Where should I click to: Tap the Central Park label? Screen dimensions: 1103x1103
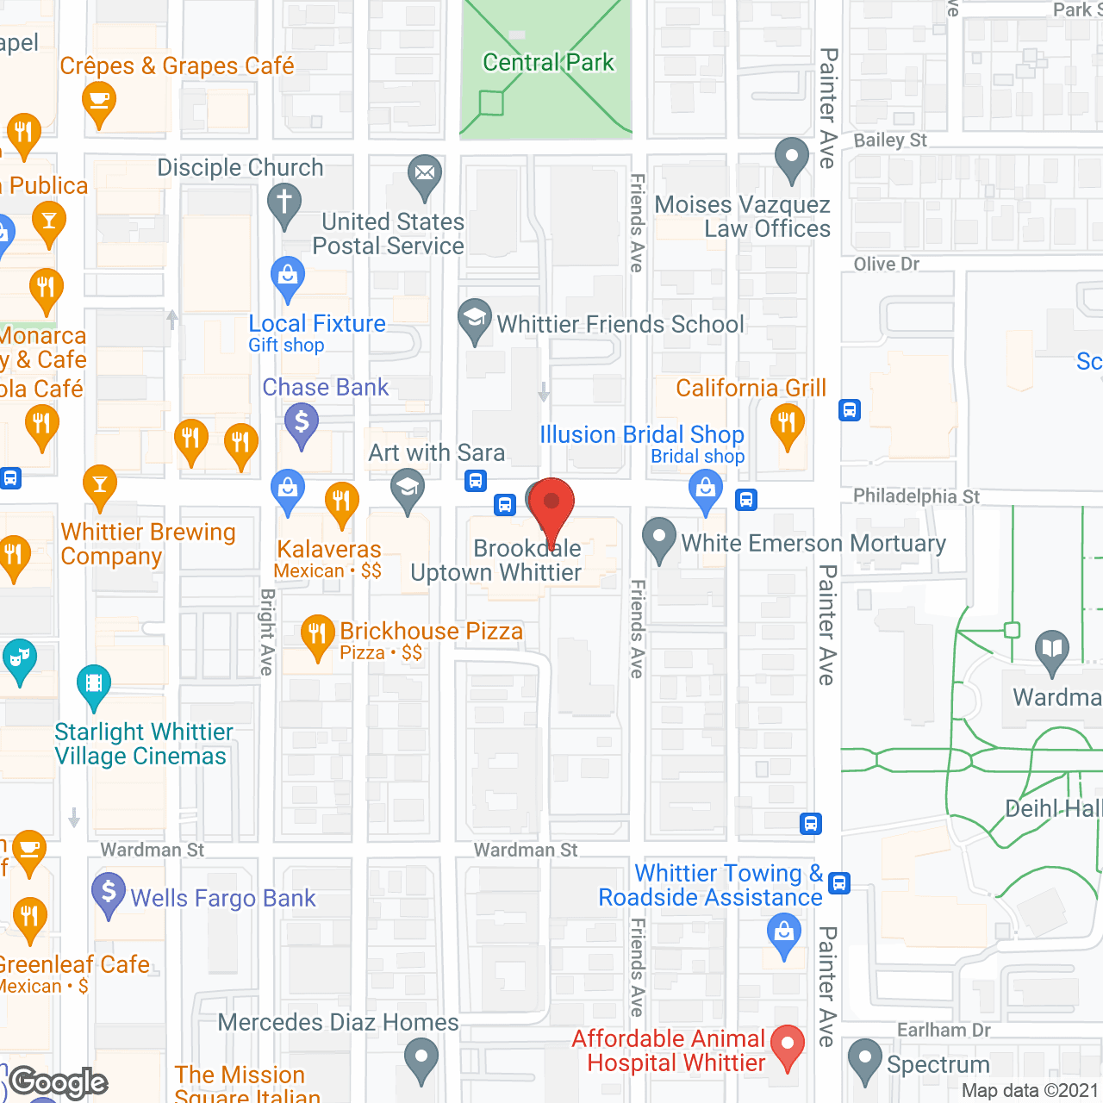[548, 62]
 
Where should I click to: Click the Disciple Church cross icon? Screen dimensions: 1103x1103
[284, 205]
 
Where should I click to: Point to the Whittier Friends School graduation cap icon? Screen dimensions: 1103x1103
[474, 319]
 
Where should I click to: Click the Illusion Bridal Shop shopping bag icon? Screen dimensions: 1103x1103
[706, 491]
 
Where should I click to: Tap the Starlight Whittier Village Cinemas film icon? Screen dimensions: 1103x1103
[94, 686]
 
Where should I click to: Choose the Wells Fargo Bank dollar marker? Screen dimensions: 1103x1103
[109, 893]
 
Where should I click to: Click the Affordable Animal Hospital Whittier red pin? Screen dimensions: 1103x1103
[787, 1045]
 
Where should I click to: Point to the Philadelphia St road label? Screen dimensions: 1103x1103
[916, 495]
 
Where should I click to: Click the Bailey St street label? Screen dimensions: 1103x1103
[890, 140]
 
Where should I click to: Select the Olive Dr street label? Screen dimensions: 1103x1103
[886, 264]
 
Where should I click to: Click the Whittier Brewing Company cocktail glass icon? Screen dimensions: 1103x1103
[100, 486]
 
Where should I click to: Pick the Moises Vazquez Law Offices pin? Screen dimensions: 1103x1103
[791, 158]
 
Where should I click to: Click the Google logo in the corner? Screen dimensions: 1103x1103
[59, 1081]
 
